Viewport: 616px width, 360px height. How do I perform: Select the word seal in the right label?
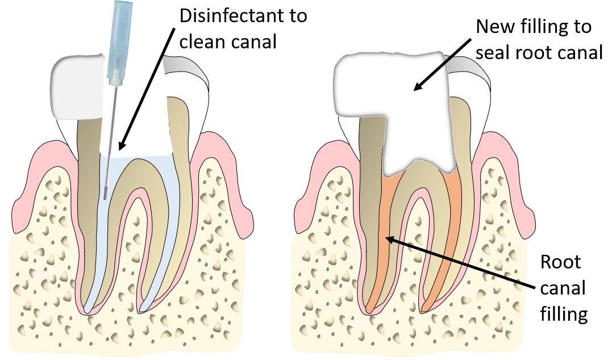(493, 53)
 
